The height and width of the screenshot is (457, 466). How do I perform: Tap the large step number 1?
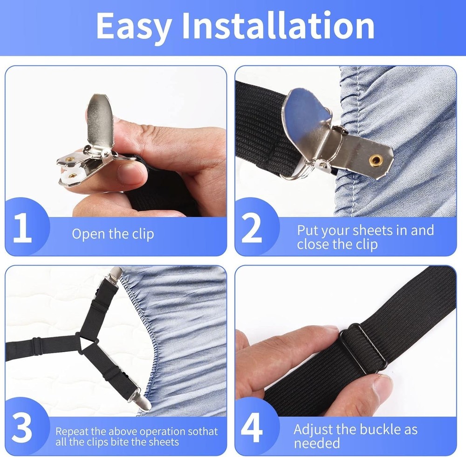[22, 228]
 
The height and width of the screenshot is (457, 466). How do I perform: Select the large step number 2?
[252, 228]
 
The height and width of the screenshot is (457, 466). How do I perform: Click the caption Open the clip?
[112, 233]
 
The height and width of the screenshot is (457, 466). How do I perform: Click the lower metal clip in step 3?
[141, 400]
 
